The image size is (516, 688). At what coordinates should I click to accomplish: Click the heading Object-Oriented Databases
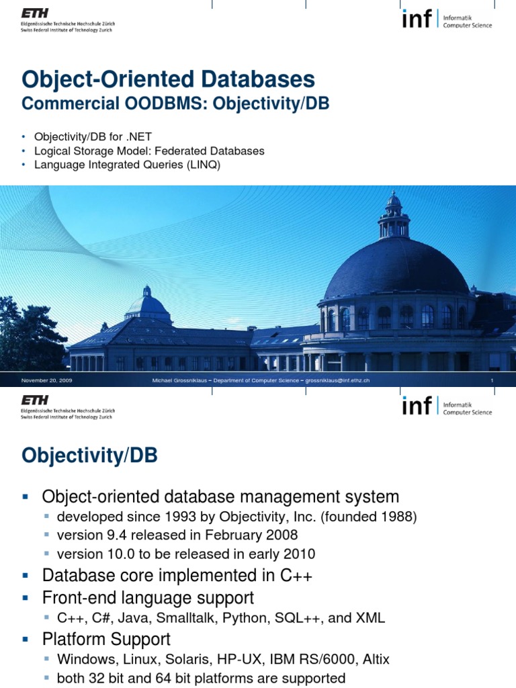click(168, 79)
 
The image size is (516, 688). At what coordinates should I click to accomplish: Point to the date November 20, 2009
click(46, 381)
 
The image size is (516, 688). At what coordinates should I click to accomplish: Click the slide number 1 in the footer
click(492, 381)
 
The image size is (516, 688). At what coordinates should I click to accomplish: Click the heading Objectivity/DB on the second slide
click(89, 456)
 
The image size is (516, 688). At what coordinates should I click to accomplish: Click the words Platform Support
click(106, 638)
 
